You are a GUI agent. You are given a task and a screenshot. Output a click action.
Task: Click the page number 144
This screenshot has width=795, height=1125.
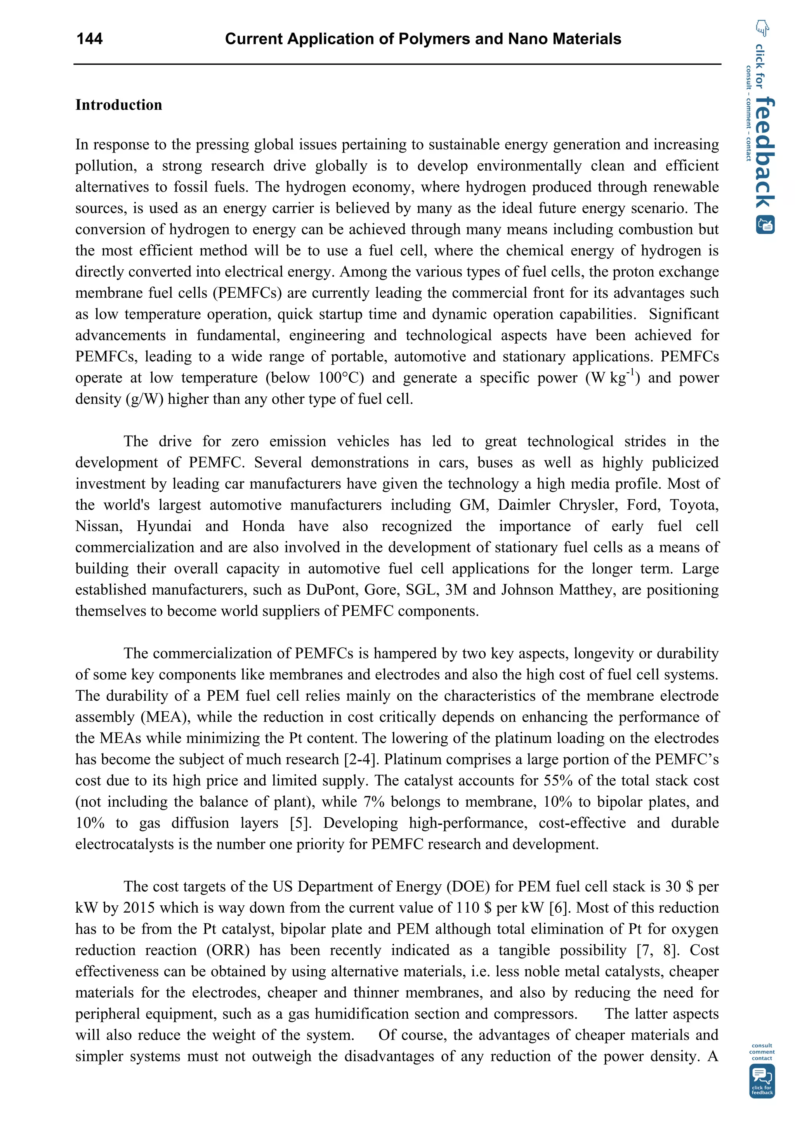click(x=90, y=39)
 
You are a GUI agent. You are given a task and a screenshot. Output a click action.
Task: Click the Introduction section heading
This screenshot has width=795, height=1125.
click(x=118, y=105)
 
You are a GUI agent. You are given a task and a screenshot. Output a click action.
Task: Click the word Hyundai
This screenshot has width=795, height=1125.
click(x=163, y=526)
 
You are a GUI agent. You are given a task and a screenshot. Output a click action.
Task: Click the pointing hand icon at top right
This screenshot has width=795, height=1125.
click(x=762, y=28)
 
